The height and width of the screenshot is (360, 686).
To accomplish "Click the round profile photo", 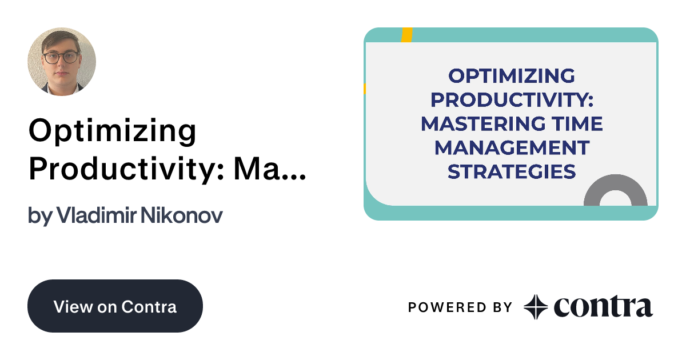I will [62, 61].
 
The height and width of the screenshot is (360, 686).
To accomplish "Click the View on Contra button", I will [115, 306].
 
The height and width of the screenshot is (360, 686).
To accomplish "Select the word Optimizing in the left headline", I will [112, 131].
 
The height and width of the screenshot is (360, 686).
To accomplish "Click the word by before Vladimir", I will [40, 216].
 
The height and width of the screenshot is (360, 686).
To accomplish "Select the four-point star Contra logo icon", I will [536, 307].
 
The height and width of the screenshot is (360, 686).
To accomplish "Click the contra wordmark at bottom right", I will [603, 307].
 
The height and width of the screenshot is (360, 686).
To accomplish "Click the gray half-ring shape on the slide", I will [615, 191].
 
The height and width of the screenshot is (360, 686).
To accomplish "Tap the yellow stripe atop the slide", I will [406, 34].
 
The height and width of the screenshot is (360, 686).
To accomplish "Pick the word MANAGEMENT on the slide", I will [511, 147].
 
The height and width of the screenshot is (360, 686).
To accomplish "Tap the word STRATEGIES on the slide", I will [511, 171].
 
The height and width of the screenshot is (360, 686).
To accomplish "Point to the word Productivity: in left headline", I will [122, 168].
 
